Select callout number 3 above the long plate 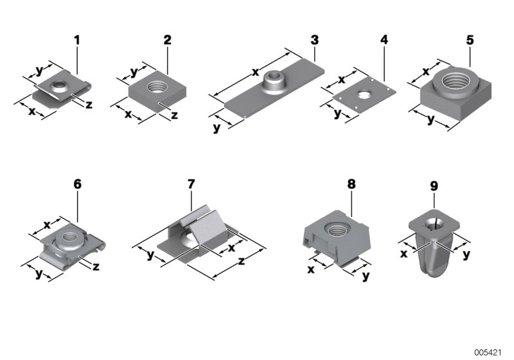(314, 40)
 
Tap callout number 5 (470, 40)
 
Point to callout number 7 (191, 184)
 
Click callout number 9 (434, 186)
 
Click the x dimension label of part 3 (255, 72)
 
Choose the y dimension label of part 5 (430, 119)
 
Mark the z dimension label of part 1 (88, 104)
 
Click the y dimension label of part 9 (467, 254)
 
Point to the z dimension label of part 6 (96, 265)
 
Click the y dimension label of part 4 (338, 114)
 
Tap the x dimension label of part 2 (128, 114)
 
